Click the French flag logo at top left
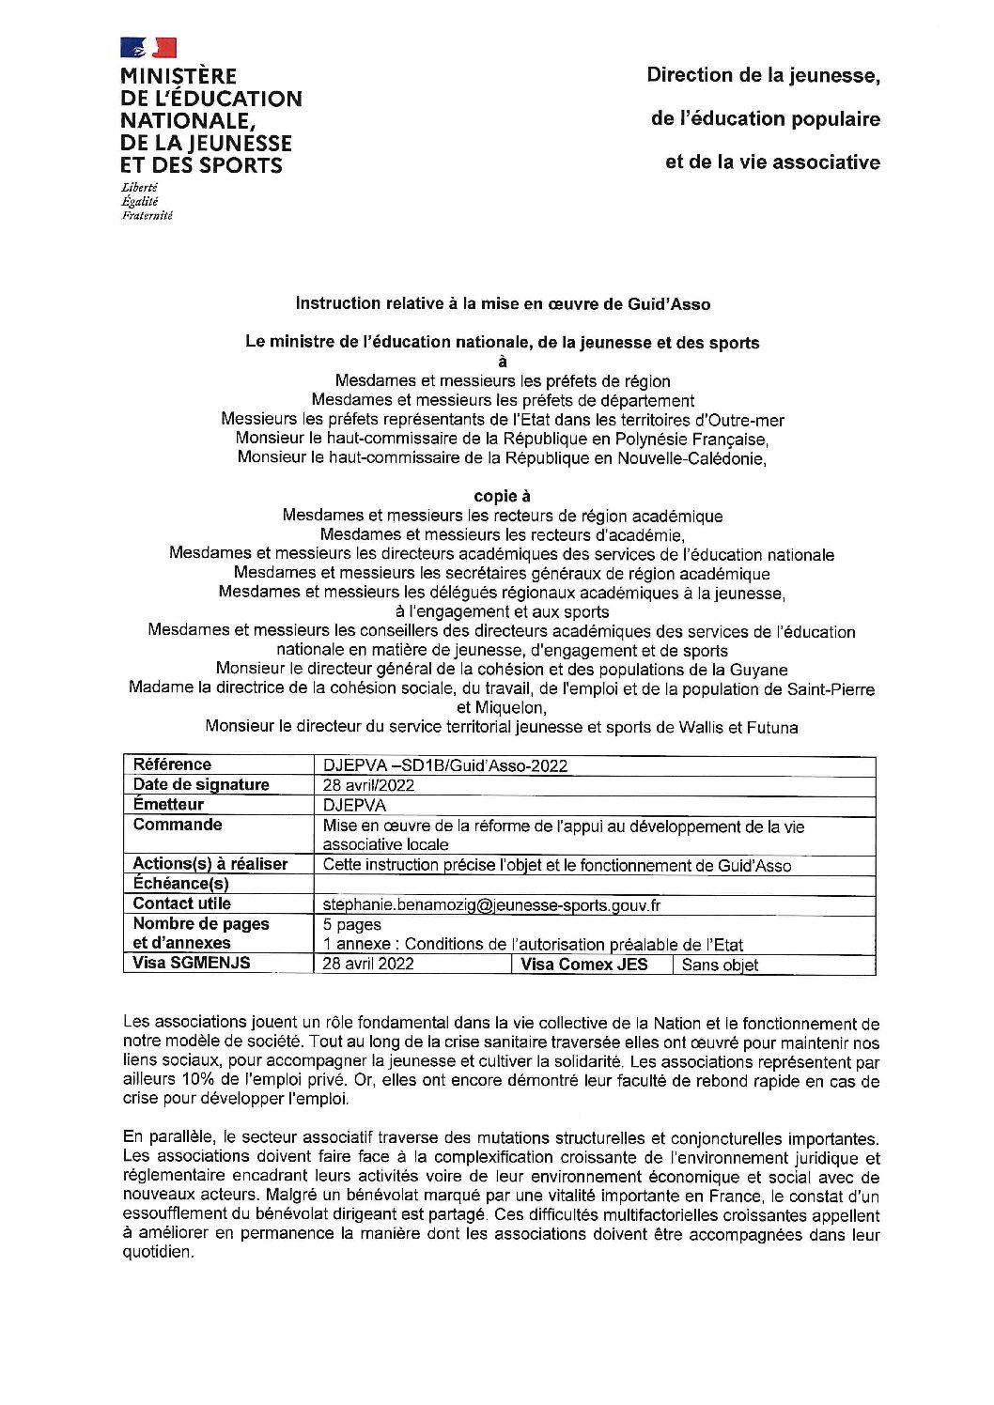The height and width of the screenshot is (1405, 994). pos(148,47)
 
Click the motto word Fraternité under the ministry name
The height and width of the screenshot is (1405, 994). pos(148,215)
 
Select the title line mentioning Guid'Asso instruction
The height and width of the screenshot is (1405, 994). pos(503,303)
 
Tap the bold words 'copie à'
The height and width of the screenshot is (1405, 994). pos(503,496)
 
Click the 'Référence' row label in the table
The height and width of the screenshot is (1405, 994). pos(172,764)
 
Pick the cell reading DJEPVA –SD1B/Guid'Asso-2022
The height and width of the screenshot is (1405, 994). pos(444,765)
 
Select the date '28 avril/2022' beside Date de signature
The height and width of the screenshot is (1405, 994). pos(368,785)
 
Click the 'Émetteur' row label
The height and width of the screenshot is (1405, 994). pos(168,805)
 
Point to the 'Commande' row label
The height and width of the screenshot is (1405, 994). pos(178,825)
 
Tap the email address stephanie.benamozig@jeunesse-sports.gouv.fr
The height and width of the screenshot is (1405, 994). pos(485,905)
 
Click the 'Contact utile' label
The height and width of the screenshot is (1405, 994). pos(181,903)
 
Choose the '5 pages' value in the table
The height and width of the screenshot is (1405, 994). pos(351,925)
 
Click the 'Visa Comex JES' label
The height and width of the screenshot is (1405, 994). pos(584,965)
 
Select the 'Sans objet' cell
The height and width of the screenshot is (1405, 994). pos(720,965)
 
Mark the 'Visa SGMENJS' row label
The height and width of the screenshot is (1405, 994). pos(192,963)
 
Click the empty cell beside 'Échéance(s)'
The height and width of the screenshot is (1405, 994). pos(594,885)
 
